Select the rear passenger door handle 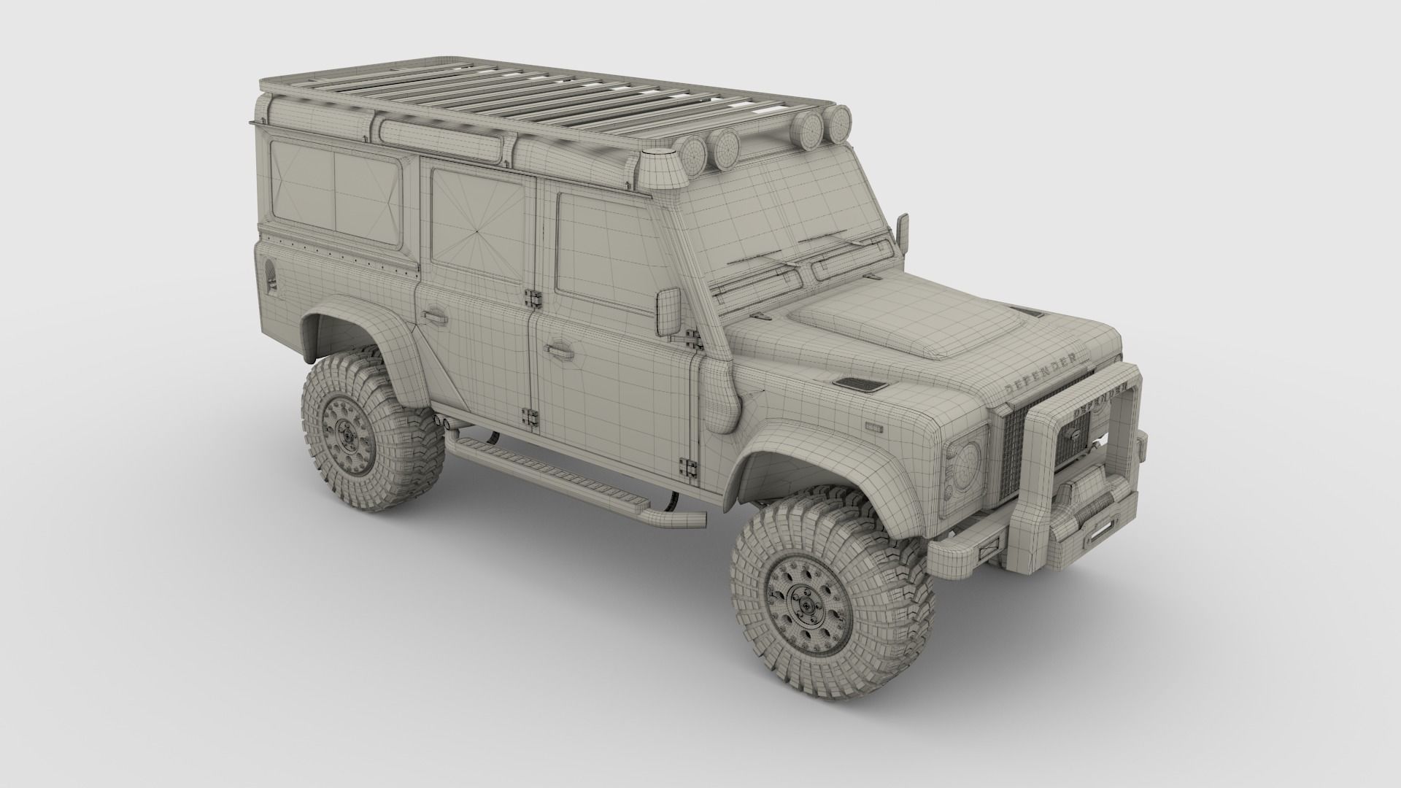coord(435,316)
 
